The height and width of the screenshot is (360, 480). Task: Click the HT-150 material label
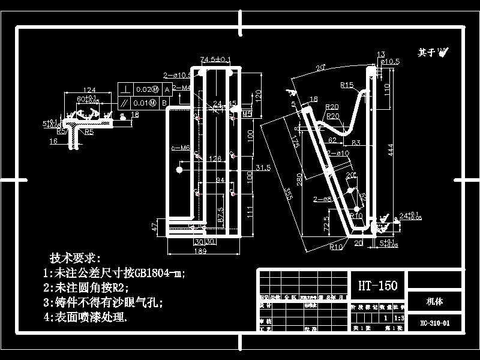click(x=378, y=286)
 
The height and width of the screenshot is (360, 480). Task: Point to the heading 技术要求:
click(x=72, y=258)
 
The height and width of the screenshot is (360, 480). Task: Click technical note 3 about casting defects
click(x=103, y=302)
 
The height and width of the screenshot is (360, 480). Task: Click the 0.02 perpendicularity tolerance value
click(x=145, y=89)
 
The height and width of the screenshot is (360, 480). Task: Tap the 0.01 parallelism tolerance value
click(x=144, y=103)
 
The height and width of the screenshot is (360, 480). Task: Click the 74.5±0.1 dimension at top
click(x=216, y=59)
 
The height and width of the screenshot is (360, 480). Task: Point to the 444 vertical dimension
click(x=391, y=154)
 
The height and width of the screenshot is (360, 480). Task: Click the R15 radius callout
click(x=346, y=85)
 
